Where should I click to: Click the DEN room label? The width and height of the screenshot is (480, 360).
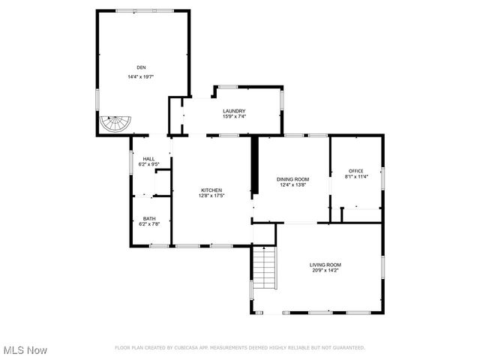pos(141,67)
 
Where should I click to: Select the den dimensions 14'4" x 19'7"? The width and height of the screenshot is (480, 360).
pos(141,76)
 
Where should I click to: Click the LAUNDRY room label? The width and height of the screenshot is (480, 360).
pos(234,111)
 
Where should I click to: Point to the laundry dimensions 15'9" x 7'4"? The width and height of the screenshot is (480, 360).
pos(234,117)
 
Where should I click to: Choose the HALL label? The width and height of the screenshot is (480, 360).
pos(148,158)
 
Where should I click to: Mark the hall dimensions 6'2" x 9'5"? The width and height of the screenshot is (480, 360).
pos(148,164)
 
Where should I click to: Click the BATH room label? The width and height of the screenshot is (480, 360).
pos(149,218)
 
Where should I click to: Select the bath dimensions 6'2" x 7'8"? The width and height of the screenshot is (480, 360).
pos(149,224)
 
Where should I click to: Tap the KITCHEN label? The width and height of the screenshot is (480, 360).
pos(211,190)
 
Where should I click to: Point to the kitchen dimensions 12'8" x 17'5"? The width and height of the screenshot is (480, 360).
pos(211,196)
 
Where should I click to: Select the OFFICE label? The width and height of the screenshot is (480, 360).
pos(355,171)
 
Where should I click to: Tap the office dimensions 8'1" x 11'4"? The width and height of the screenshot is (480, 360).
pos(355,177)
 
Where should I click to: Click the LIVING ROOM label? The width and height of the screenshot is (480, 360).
pos(325,264)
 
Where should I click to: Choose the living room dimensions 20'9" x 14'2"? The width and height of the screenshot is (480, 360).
pos(325,270)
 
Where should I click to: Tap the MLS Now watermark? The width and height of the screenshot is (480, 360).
pos(25,350)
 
